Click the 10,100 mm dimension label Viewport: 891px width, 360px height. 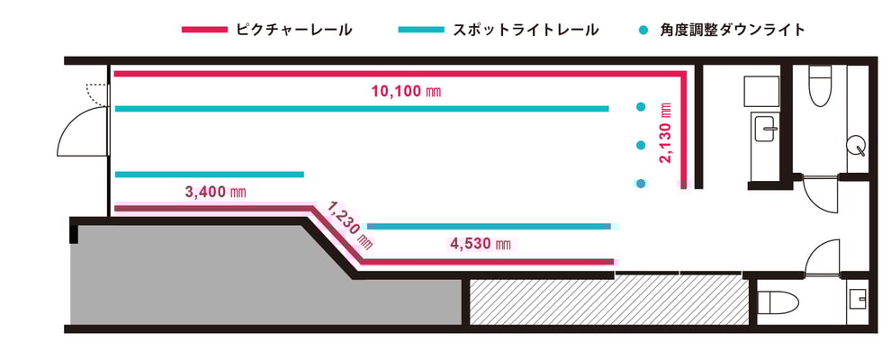click(406, 91)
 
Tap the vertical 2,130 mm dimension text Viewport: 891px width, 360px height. click(666, 133)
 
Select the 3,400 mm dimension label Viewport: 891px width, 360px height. click(215, 192)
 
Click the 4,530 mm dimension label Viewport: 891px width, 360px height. click(481, 245)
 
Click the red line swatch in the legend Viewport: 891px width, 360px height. click(204, 30)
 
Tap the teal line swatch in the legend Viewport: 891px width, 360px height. click(421, 30)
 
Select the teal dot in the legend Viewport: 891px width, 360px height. click(643, 30)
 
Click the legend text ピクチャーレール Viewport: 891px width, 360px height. click(293, 30)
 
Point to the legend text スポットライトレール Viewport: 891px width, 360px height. click(526, 30)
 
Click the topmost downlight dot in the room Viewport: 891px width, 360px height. click(641, 107)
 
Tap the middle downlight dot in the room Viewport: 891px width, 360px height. click(641, 146)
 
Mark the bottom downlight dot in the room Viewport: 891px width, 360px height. click(641, 184)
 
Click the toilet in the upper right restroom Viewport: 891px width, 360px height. click(820, 85)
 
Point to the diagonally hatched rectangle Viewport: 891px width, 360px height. click(609, 302)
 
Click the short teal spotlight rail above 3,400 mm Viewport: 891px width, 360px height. click(209, 175)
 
